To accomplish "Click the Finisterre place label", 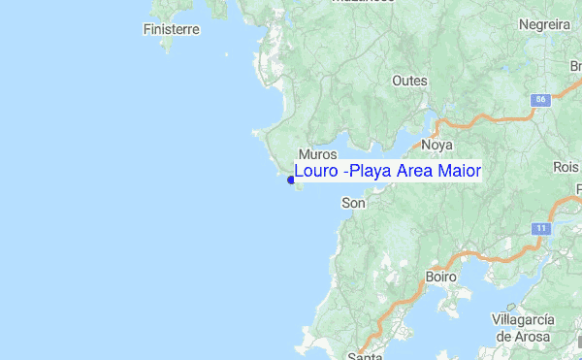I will (171, 29).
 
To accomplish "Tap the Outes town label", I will (409, 81).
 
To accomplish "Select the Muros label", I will (318, 154).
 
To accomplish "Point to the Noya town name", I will (437, 145).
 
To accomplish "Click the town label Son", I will (354, 203).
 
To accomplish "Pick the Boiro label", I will (441, 277).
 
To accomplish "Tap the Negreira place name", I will (544, 24).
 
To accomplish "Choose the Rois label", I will (566, 167).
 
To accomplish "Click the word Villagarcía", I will (523, 320).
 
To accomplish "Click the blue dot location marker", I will (291, 179).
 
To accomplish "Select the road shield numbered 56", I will (540, 100).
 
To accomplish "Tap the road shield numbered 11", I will (540, 228).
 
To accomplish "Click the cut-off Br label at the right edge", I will (575, 66).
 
